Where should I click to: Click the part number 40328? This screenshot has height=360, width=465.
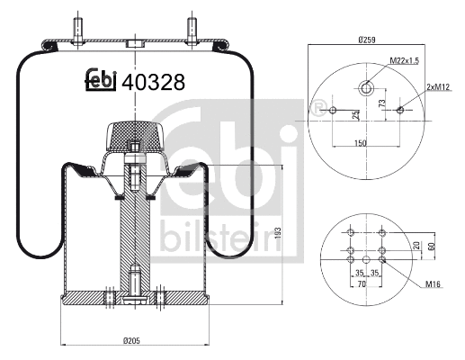[x=153, y=82]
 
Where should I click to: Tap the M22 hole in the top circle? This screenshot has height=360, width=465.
[x=366, y=88]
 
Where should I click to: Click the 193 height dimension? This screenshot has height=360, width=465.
[x=278, y=231]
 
